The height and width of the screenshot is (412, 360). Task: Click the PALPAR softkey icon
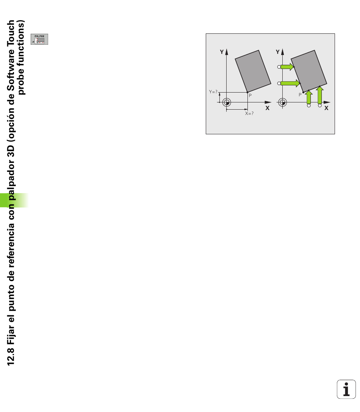pos(39,39)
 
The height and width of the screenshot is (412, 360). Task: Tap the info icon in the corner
pos(346,389)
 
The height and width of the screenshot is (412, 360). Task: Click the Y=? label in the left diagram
pos(213,92)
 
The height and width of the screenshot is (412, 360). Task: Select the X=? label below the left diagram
pos(249,113)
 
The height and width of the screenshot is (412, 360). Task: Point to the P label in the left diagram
pos(250,95)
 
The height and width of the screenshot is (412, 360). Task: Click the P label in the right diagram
pos(300,94)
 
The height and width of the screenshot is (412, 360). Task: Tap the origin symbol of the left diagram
pos(227,102)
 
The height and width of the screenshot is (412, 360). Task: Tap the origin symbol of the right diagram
pos(282,102)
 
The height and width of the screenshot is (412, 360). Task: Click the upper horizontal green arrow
pos(287,67)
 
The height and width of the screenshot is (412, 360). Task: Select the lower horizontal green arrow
pos(290,83)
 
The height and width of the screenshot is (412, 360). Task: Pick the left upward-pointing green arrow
pos(309,97)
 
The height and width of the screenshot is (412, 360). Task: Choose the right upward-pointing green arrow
pos(319,95)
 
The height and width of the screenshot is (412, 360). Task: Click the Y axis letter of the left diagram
pos(222,52)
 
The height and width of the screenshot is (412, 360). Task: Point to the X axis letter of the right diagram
pos(326,108)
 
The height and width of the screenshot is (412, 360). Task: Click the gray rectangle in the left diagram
pos(253,71)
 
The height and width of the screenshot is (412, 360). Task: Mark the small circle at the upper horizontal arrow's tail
pos(279,67)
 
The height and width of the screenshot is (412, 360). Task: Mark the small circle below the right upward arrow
pos(319,105)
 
